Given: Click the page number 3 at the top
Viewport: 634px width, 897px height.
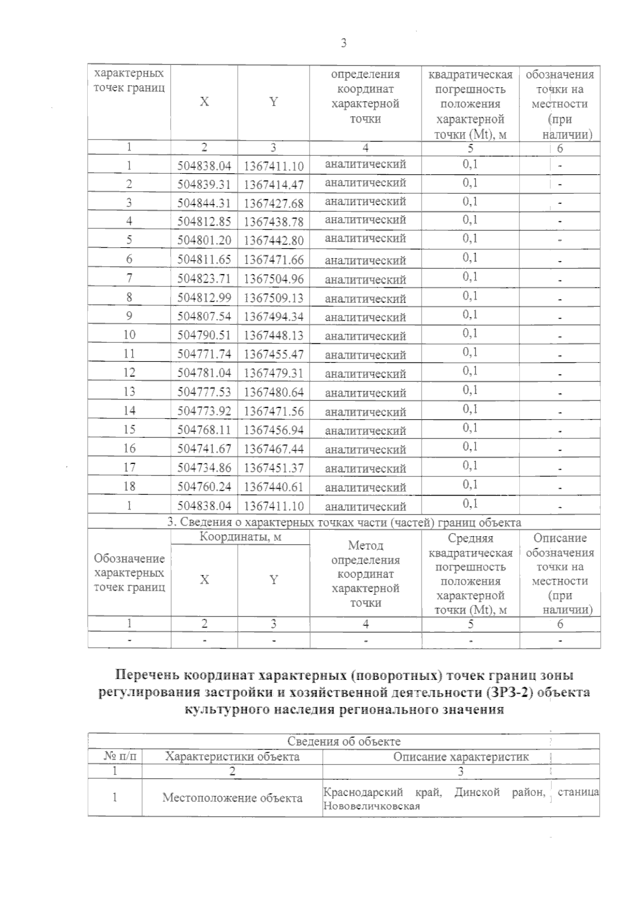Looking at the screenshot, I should click(x=343, y=43).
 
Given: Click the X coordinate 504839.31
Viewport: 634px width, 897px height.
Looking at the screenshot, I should click(x=204, y=184).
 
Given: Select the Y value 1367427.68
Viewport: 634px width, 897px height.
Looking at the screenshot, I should click(x=274, y=203).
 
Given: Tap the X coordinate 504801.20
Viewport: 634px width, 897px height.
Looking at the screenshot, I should click(x=204, y=240).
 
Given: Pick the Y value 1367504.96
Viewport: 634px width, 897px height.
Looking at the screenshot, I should click(x=274, y=279).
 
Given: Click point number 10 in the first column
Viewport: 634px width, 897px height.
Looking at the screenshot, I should click(x=129, y=335).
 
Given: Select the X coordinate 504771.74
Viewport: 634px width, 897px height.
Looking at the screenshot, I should click(x=204, y=354).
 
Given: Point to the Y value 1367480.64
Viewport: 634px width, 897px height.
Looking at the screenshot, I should click(x=274, y=393).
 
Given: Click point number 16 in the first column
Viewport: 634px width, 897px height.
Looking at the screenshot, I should click(x=129, y=448).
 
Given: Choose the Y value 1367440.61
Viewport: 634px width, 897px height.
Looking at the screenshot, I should click(x=274, y=487).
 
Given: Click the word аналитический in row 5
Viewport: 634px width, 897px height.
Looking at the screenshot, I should click(x=366, y=238).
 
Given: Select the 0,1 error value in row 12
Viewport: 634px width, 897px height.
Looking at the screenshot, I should click(x=470, y=371).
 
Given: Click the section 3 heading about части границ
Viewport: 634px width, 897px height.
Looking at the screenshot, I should click(x=344, y=522).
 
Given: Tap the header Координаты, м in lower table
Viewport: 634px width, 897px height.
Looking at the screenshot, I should click(x=240, y=537).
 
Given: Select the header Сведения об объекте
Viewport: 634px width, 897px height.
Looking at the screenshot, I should click(x=344, y=741).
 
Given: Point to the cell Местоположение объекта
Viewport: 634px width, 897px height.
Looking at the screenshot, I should click(x=232, y=798).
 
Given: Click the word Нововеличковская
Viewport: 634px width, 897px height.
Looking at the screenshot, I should click(x=371, y=806).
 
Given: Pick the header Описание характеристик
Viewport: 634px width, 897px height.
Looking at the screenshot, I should click(x=461, y=756).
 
